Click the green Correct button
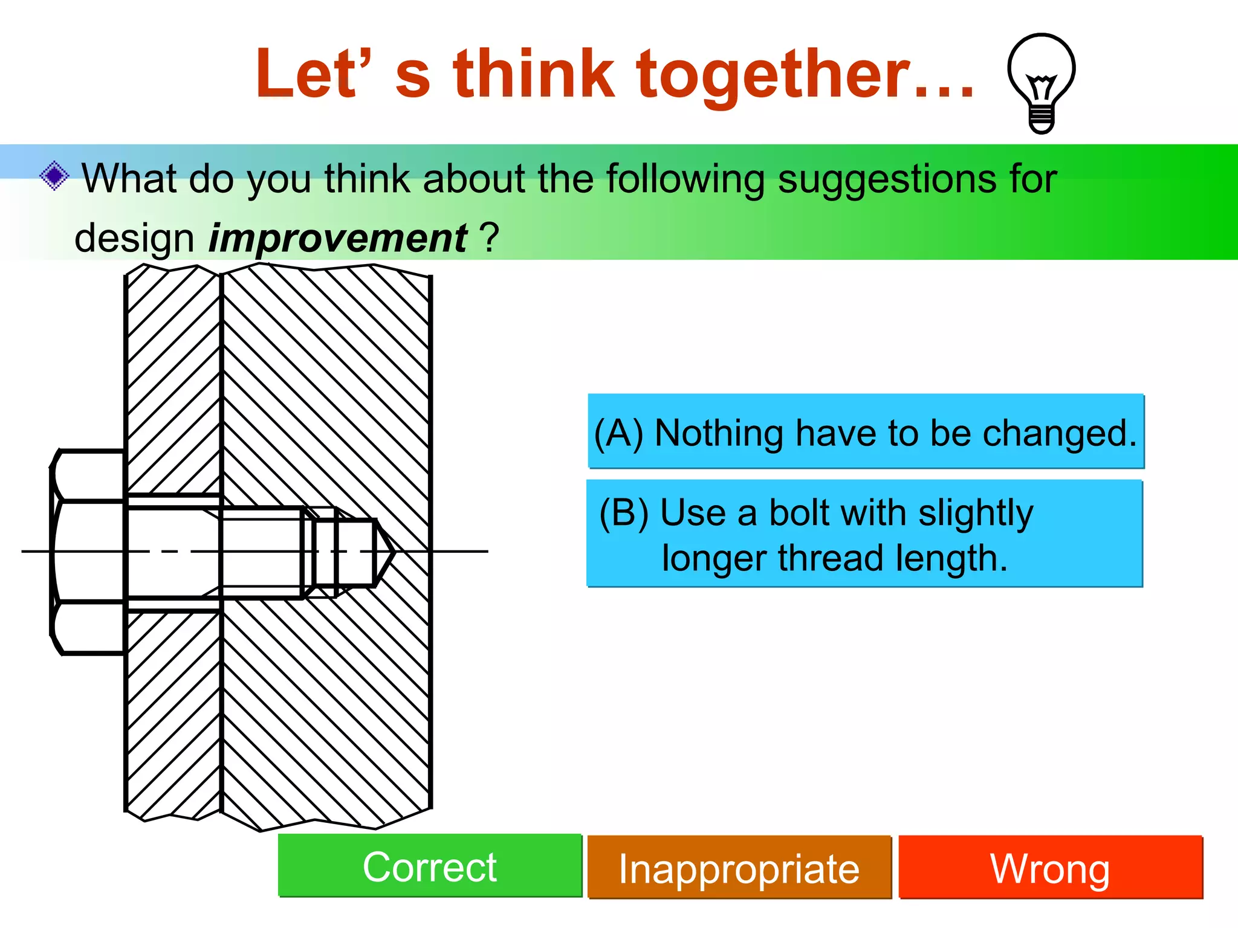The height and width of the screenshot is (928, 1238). point(430,865)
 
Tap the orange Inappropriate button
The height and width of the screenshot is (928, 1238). point(739,868)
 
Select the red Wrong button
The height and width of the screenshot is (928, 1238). point(1050,868)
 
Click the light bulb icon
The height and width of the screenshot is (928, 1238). point(1041,83)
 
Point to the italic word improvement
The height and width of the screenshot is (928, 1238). point(337,238)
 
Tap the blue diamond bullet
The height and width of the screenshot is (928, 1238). point(54,176)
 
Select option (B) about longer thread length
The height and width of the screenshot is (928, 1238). point(864,533)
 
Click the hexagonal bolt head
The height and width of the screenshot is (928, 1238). point(88,552)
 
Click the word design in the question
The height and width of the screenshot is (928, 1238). point(134,238)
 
